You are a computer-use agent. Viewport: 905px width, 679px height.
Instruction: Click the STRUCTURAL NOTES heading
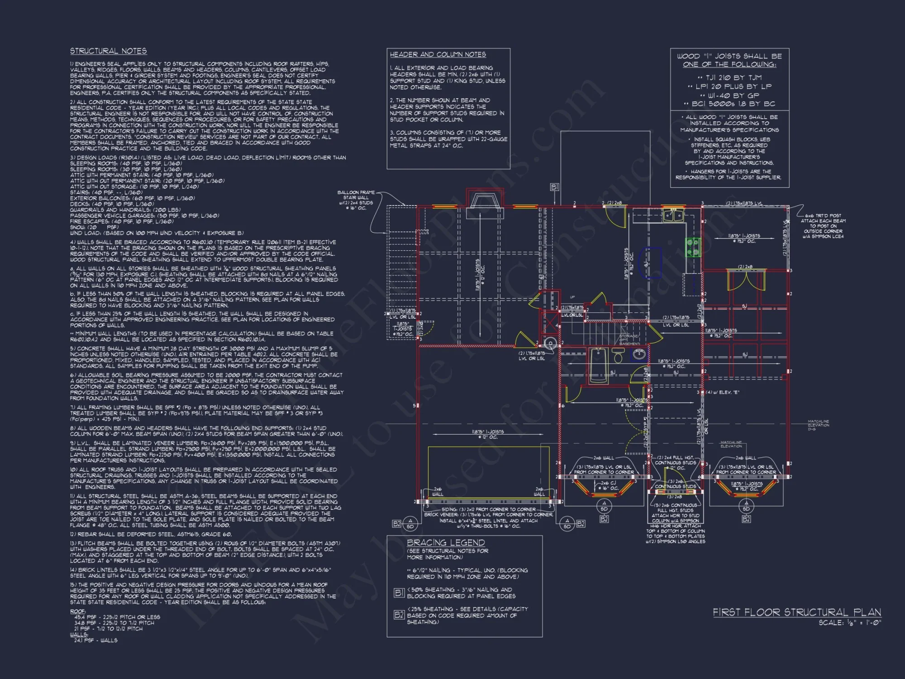tap(108, 51)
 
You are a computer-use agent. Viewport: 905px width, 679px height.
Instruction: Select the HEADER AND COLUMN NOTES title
tap(438, 54)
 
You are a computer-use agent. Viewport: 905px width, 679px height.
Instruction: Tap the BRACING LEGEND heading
tap(446, 542)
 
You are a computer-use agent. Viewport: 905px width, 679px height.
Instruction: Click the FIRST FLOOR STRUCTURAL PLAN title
tap(797, 612)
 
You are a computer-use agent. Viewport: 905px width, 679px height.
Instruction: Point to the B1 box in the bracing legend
tap(399, 593)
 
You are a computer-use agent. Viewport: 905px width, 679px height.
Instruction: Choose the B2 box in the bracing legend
tap(399, 615)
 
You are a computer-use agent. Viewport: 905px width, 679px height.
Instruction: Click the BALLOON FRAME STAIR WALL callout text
tap(356, 200)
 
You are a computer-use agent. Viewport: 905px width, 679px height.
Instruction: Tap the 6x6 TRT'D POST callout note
tap(823, 226)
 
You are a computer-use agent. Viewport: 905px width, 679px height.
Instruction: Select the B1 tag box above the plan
tap(554, 187)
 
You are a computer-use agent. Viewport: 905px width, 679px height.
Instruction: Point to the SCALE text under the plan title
tap(850, 623)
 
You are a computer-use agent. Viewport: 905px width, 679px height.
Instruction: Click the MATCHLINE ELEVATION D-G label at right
tap(818, 425)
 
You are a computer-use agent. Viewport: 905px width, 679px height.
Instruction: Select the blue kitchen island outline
tap(650, 263)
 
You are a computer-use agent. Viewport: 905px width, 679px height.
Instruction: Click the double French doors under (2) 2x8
tap(746, 281)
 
